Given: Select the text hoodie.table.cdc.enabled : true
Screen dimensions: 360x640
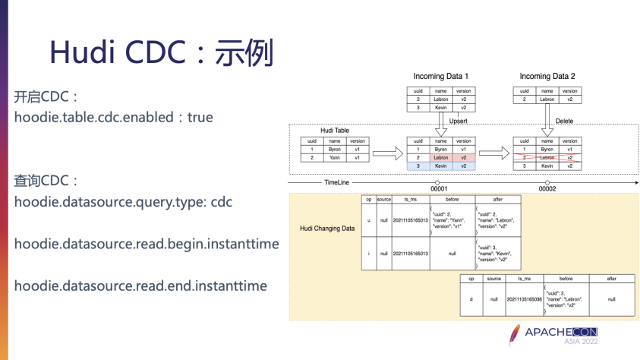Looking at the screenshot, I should (x=113, y=117).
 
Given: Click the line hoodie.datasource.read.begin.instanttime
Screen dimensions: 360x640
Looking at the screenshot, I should (x=147, y=244).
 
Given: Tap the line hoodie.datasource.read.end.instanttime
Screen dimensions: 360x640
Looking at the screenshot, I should (x=140, y=286).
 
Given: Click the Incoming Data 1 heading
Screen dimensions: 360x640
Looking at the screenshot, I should (x=440, y=77).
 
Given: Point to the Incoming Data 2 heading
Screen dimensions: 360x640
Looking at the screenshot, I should (x=547, y=77).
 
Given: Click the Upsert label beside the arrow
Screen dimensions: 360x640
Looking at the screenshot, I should (x=459, y=121).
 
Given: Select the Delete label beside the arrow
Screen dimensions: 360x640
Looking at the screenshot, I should (x=564, y=121).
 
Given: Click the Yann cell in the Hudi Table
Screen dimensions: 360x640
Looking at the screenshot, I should (x=334, y=158).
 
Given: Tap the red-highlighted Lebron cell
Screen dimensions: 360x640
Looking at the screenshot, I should (x=440, y=158).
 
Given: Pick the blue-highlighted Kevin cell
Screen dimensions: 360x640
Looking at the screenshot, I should (x=440, y=166).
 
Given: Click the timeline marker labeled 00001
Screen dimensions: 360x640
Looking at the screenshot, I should (x=439, y=182).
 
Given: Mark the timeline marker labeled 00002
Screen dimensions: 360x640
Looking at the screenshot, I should (x=547, y=182).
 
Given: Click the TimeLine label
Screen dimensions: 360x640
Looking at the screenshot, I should (x=336, y=182).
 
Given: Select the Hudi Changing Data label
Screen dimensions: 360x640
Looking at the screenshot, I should (x=327, y=228).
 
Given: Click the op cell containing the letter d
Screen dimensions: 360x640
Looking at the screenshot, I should (x=471, y=299).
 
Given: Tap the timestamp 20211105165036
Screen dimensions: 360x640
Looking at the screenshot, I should (x=525, y=299).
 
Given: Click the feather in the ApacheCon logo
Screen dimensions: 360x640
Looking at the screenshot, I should (x=515, y=335).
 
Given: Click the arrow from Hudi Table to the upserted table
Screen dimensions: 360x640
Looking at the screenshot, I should (x=387, y=153).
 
